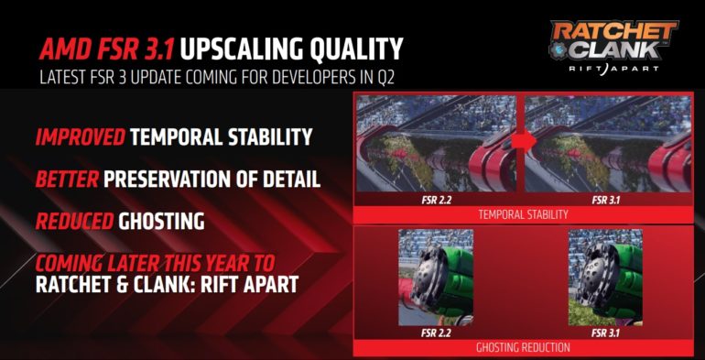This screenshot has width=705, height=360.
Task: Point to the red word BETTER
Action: tap(66, 180)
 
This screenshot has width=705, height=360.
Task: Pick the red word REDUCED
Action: tap(73, 221)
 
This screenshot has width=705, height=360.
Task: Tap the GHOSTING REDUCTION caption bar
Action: tap(523, 347)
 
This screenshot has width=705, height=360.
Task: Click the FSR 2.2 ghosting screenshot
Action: tap(434, 275)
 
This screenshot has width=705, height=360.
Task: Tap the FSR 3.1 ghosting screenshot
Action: tap(604, 275)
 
